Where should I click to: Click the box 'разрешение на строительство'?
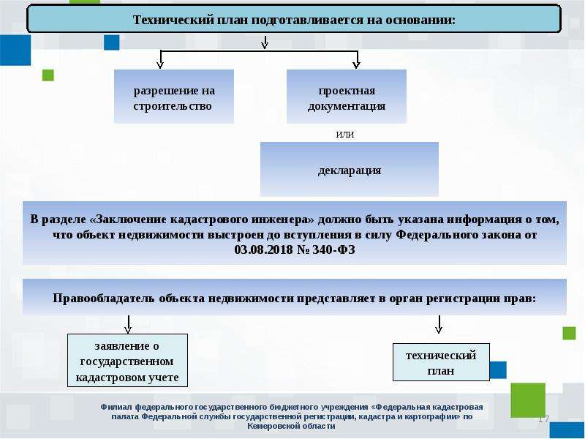pos(174,97)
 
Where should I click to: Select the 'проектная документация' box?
pos(346,97)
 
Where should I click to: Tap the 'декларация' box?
pos(350,169)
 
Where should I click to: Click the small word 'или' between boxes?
pos(345,134)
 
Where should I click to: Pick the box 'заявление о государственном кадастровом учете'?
pos(127,360)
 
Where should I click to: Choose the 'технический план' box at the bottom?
pos(441,362)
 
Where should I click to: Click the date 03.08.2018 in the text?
pos(264,249)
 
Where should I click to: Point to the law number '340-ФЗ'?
pos(333,249)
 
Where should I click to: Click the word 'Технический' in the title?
pos(173,20)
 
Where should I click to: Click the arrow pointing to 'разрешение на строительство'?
pos(160,60)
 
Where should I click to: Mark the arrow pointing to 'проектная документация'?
pos(357,60)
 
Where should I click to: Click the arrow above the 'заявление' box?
pos(128,324)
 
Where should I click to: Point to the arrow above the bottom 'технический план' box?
pos(439,324)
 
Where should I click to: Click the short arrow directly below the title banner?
pos(265,42)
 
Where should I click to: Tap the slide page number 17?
pos(543,419)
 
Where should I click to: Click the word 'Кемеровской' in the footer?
pos(271,426)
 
